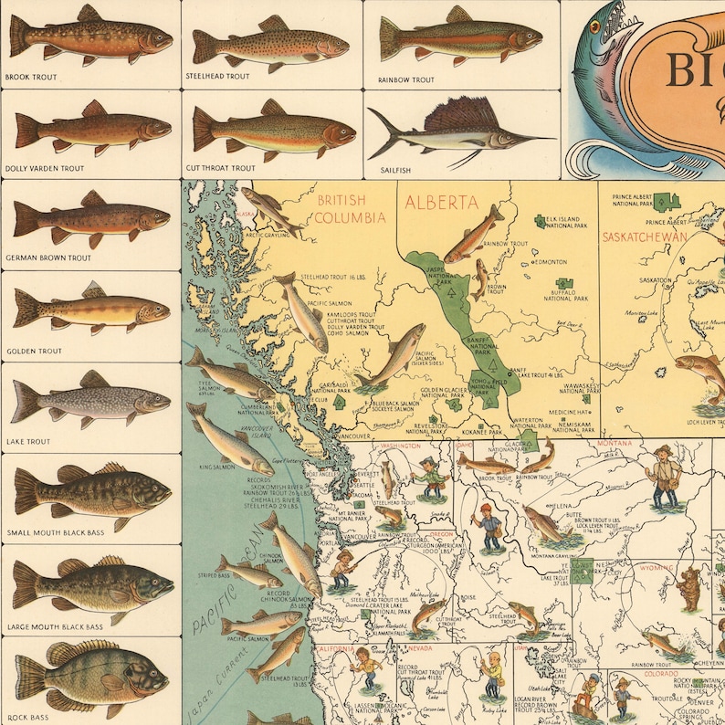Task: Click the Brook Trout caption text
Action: [x=30, y=78]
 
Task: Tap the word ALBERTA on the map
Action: [x=442, y=202]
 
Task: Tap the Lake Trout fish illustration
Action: [x=90, y=401]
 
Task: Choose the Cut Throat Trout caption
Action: [x=221, y=168]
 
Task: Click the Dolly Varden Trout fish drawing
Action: [x=91, y=129]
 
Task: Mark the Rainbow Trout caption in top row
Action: [x=406, y=80]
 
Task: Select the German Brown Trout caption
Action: [x=48, y=258]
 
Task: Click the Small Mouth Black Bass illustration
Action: [x=91, y=492]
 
